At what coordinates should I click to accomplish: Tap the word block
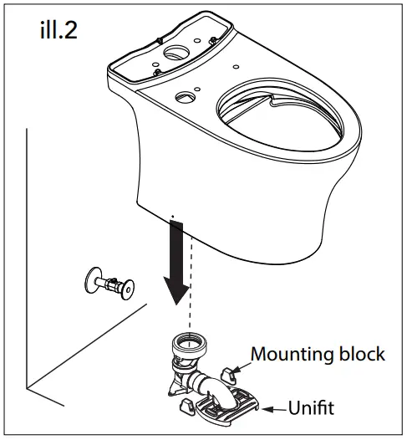click(361, 354)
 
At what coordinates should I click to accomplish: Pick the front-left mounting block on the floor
click(186, 407)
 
